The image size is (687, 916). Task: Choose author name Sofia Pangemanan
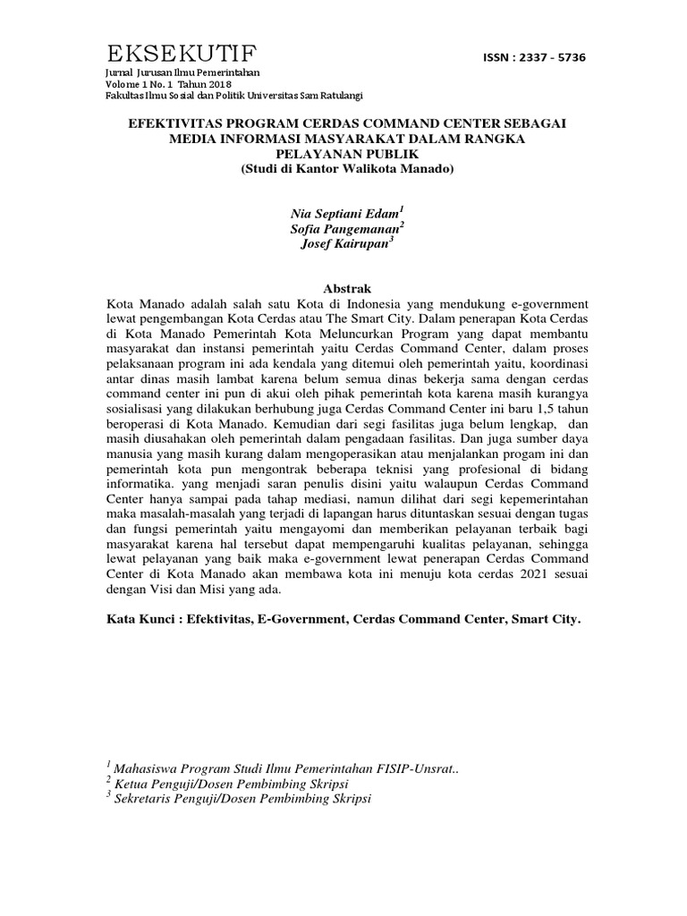click(x=344, y=228)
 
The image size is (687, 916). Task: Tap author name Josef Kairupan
click(x=343, y=245)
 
